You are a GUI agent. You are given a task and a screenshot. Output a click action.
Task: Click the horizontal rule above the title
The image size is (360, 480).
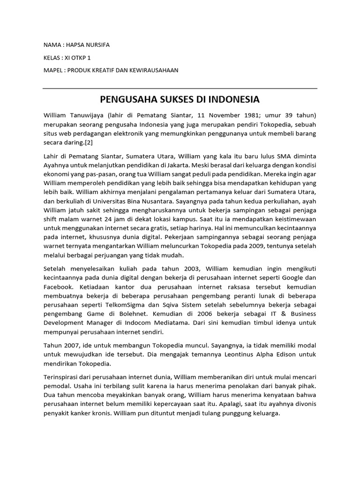coord(180,88)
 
